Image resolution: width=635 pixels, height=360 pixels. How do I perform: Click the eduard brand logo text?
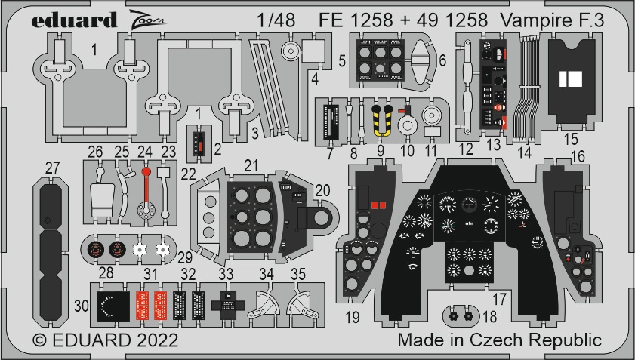pos(74,20)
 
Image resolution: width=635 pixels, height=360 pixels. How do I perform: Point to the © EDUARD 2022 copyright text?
pos(105,340)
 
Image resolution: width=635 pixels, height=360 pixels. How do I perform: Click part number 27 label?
pos(51,168)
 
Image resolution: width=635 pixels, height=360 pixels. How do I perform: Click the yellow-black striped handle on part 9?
pos(383,118)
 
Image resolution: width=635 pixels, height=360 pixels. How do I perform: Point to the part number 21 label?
pos(251,165)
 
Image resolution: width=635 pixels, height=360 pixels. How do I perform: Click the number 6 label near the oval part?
pos(442,60)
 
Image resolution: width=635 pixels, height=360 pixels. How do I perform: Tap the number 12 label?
pos(465,148)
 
